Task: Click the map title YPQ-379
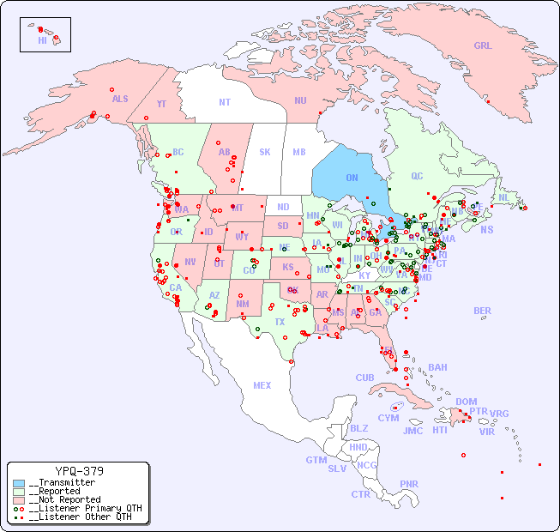tap(79, 471)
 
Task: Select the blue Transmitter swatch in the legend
tap(19, 483)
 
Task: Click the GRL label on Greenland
tap(483, 45)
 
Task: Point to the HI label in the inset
tap(42, 40)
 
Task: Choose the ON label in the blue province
tap(352, 178)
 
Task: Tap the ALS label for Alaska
tap(120, 99)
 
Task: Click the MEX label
tap(262, 385)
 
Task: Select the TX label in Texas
tap(280, 322)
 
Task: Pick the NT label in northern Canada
tap(225, 102)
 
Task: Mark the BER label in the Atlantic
tap(483, 311)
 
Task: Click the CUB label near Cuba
tap(364, 378)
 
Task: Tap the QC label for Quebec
tap(417, 176)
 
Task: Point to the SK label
tap(265, 152)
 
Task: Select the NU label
tap(300, 100)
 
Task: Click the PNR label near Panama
tap(409, 484)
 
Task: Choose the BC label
tap(178, 152)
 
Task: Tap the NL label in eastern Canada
tap(504, 196)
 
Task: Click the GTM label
tap(316, 460)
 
